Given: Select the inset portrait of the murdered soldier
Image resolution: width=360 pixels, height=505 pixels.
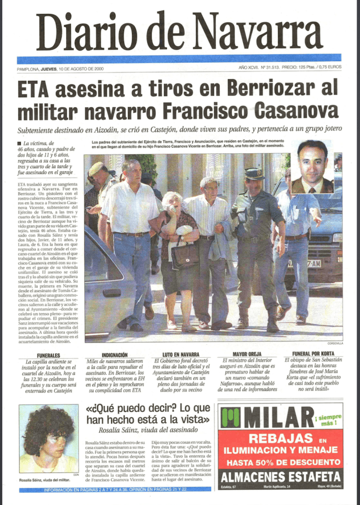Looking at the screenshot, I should [x=312, y=167].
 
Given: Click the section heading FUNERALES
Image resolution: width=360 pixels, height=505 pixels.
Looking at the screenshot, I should [x=48, y=356].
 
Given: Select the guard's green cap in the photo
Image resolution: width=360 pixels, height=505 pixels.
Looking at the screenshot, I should [x=253, y=172].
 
